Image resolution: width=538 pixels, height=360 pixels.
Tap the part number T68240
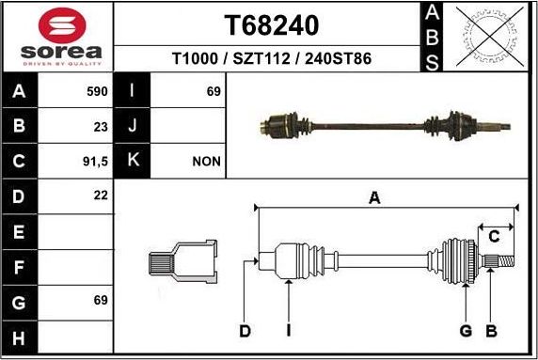[x=272, y=24]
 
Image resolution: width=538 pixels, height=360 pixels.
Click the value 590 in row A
[x=97, y=91]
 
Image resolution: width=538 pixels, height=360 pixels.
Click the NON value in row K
[x=206, y=161]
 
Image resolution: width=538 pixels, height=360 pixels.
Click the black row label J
[x=133, y=126]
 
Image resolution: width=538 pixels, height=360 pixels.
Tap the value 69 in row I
[x=213, y=91]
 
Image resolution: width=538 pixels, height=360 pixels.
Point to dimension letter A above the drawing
[x=374, y=197]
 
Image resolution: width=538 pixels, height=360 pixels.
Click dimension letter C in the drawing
[x=493, y=237]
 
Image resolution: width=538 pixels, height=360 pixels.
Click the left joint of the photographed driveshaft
[x=280, y=122]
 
